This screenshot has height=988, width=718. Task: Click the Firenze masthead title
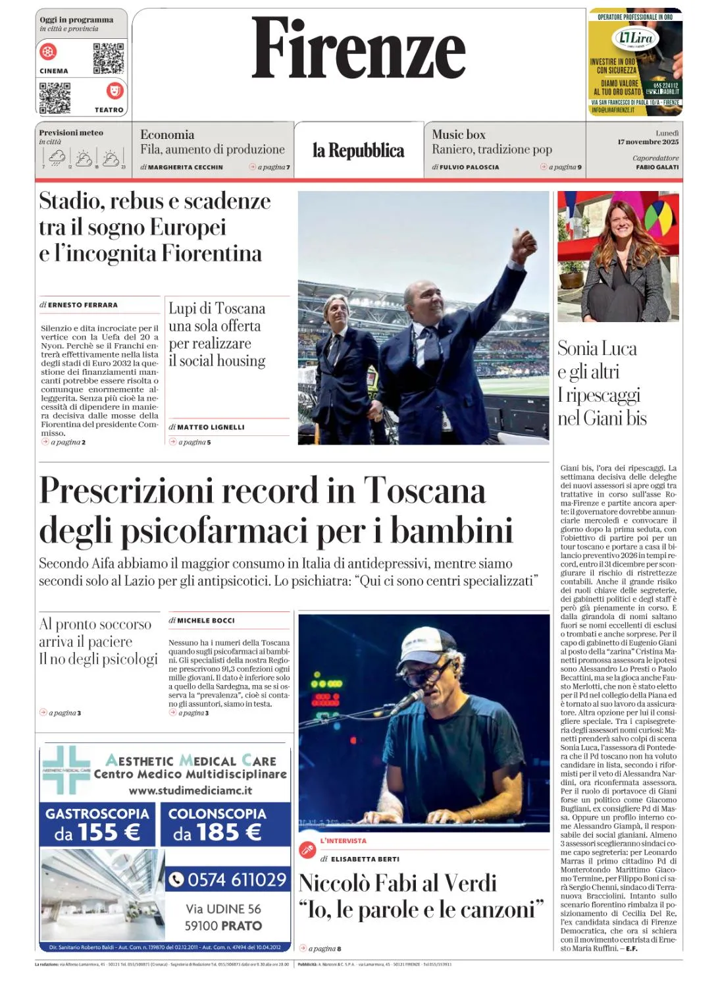[359, 48]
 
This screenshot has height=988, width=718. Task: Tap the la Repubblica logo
[359, 151]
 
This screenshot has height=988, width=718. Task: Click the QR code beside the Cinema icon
[108, 59]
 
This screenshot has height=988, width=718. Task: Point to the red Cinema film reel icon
[49, 51]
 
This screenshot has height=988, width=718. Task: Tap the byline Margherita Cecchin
[185, 167]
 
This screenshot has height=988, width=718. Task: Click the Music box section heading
[458, 134]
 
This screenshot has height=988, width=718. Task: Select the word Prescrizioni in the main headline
[128, 491]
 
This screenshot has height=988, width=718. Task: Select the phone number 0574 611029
[230, 879]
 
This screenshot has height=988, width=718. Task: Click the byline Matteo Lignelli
[211, 427]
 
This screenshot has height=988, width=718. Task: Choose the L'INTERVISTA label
[343, 841]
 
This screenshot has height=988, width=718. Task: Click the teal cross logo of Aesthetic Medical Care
[66, 770]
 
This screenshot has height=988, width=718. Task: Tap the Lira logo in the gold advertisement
[636, 38]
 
